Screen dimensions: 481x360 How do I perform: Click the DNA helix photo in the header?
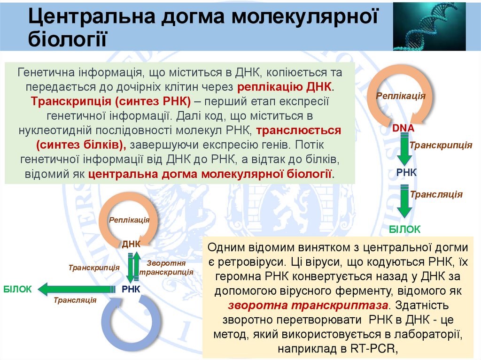(x=429, y=26)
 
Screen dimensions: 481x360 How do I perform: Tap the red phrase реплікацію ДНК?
(x=285, y=87)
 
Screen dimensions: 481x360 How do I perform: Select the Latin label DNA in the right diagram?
(x=403, y=128)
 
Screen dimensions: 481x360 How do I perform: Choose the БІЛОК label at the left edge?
(x=17, y=289)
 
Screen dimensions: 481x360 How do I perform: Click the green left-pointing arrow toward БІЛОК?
(x=78, y=289)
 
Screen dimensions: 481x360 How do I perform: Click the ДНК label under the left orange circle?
(x=132, y=244)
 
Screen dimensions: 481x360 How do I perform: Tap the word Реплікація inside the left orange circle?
(x=130, y=220)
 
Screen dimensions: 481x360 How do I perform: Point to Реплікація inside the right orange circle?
(x=401, y=96)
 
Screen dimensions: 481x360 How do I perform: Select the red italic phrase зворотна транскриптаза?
(x=309, y=305)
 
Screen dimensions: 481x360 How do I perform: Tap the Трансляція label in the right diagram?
(x=436, y=194)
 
